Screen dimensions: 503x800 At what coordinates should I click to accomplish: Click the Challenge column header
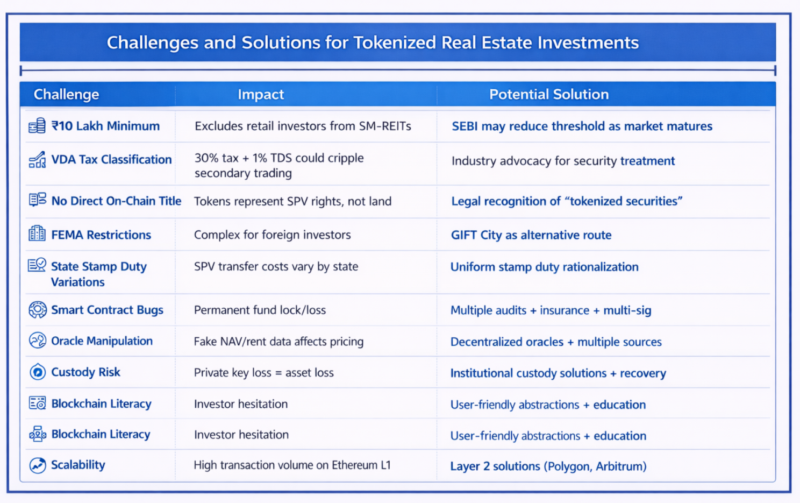[x=66, y=95]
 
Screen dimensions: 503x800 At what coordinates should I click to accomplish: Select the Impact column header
[x=261, y=95]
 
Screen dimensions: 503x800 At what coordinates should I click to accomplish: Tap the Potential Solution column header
[x=549, y=95]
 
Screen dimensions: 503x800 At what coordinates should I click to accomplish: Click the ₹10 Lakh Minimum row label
[x=105, y=126]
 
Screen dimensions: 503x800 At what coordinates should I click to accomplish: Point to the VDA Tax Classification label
[x=111, y=160]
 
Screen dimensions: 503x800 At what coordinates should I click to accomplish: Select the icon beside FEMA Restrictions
[x=37, y=234]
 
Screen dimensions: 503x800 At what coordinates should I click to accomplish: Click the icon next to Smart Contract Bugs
[x=38, y=310]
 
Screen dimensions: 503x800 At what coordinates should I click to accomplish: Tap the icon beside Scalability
[x=38, y=465]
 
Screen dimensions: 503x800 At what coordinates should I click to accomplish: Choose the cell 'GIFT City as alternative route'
[x=531, y=235]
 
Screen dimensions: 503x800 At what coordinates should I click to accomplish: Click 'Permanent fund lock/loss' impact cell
[x=260, y=310]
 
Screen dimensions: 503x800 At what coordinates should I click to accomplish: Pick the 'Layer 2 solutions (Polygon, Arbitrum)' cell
[x=548, y=466]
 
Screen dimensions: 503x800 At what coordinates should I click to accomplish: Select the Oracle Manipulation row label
[x=102, y=341]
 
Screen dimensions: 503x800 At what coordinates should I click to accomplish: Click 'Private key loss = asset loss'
[x=263, y=373]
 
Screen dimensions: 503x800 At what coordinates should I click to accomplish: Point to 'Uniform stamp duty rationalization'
[x=544, y=267]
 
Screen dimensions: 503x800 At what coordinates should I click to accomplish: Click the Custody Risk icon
[x=38, y=372]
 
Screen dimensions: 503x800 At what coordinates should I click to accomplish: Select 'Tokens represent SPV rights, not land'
[x=292, y=202]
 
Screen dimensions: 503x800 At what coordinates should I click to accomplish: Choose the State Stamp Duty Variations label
[x=98, y=274]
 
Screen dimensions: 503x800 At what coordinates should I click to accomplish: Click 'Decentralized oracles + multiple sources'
[x=556, y=342]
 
